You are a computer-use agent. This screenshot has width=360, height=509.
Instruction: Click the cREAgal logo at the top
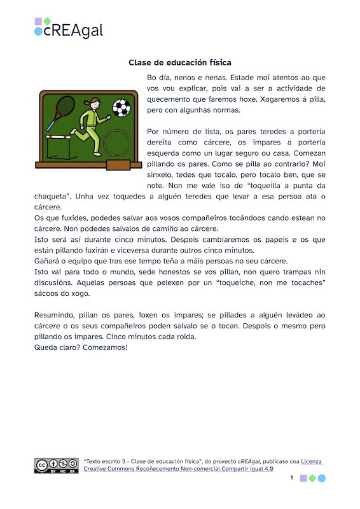(x=69, y=29)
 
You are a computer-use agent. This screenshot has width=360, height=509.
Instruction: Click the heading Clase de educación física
(x=179, y=62)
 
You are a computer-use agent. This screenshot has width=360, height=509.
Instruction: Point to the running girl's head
(x=95, y=103)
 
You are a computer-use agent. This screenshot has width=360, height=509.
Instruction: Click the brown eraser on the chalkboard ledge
(x=116, y=165)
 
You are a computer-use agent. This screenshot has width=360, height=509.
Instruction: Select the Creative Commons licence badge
(x=55, y=466)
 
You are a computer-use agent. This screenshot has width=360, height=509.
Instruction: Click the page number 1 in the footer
(x=291, y=477)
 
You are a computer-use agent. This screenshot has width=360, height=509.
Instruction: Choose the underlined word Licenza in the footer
(x=311, y=461)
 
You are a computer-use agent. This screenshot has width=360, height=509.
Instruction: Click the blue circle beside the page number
(x=321, y=478)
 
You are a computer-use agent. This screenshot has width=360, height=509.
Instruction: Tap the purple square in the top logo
(x=39, y=22)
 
